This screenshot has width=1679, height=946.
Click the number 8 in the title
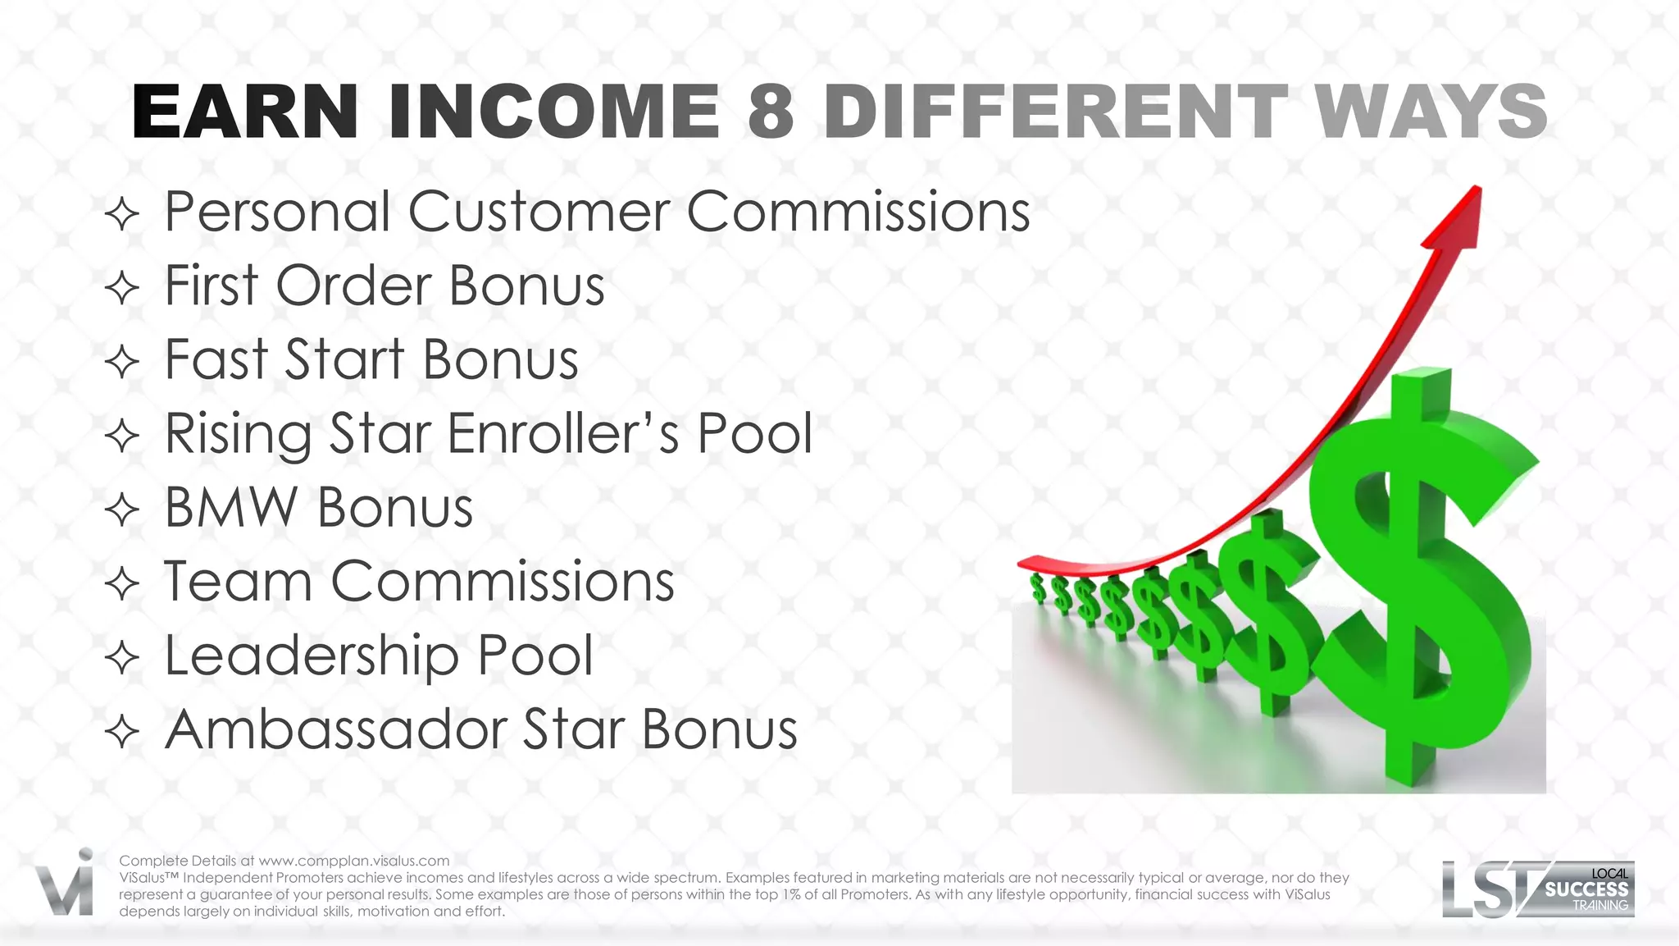click(x=771, y=112)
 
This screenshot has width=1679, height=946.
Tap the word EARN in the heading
click(x=245, y=112)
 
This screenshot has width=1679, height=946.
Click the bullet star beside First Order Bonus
click(x=123, y=288)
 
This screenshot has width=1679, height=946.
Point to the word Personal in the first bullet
click(x=277, y=213)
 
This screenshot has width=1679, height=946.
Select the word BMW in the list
click(x=231, y=508)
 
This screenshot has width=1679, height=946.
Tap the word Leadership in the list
click(x=312, y=656)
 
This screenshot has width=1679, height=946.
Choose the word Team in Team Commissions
click(x=238, y=582)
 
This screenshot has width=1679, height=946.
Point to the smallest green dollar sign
click(x=1038, y=587)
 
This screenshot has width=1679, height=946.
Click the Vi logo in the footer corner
click(x=66, y=884)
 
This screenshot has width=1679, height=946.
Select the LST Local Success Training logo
click(x=1537, y=889)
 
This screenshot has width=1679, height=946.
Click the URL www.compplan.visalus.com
click(x=354, y=861)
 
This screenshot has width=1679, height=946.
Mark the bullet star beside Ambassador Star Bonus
click(x=123, y=731)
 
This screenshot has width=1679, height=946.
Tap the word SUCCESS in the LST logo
click(x=1586, y=889)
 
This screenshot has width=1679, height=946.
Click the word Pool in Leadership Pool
click(x=535, y=656)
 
